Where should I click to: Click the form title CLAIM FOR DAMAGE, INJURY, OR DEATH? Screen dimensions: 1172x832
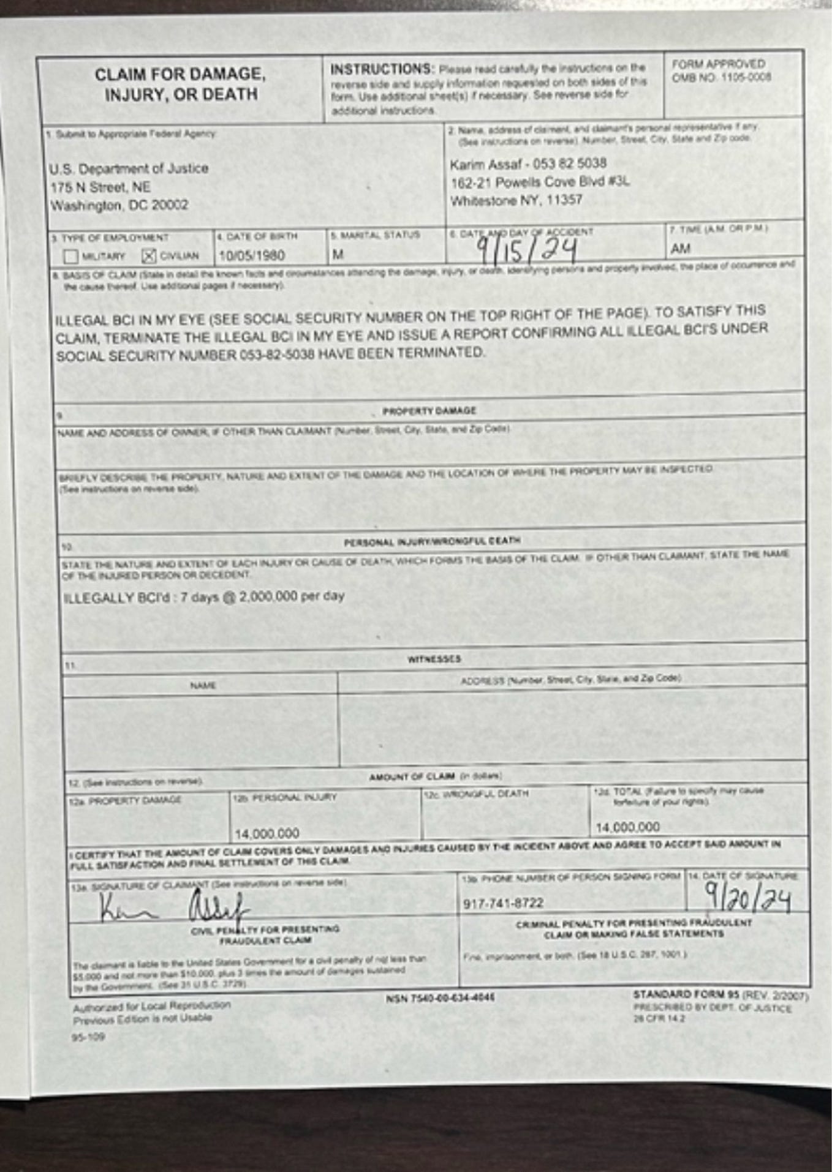(x=180, y=85)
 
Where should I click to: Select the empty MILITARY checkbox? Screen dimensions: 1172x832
(x=71, y=256)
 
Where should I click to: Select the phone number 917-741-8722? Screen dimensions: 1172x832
(x=503, y=903)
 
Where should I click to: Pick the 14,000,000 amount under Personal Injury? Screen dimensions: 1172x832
(x=267, y=833)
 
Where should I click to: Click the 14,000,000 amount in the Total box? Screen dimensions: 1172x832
(x=628, y=827)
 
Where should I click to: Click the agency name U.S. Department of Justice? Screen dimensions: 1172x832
(x=129, y=168)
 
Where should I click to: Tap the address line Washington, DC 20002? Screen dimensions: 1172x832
(x=119, y=205)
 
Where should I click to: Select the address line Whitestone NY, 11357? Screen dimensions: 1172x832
(x=516, y=200)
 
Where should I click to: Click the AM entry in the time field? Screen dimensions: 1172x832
(x=680, y=249)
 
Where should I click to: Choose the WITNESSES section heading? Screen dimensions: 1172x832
(x=434, y=659)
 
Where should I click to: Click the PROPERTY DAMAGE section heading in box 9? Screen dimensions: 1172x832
(x=429, y=410)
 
